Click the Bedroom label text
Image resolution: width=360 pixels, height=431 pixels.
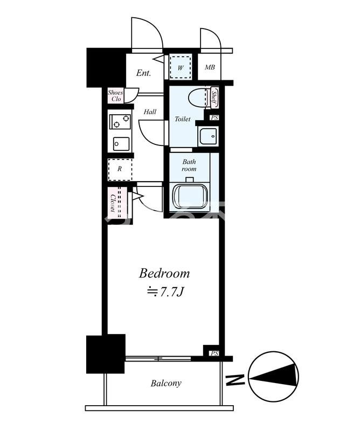(164, 273)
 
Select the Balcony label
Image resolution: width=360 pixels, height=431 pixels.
(165, 384)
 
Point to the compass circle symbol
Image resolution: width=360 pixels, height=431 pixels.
(274, 378)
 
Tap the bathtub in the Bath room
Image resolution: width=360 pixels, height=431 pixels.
(189, 196)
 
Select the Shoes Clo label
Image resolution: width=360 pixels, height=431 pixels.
(115, 96)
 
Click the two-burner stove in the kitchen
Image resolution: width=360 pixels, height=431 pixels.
(120, 121)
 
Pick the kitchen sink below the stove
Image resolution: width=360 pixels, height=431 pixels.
(121, 144)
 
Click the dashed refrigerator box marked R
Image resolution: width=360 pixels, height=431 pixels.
(120, 169)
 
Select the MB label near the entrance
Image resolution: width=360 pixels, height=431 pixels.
(210, 67)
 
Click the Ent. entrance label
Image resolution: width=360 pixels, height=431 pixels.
(143, 73)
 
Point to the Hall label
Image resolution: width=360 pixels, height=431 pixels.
(150, 112)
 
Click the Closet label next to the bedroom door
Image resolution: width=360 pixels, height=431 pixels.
(114, 201)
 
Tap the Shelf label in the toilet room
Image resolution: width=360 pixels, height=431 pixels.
(214, 98)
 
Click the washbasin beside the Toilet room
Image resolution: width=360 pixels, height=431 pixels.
(207, 136)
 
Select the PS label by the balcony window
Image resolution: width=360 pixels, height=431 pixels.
(214, 353)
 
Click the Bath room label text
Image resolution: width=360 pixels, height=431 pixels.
(189, 165)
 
